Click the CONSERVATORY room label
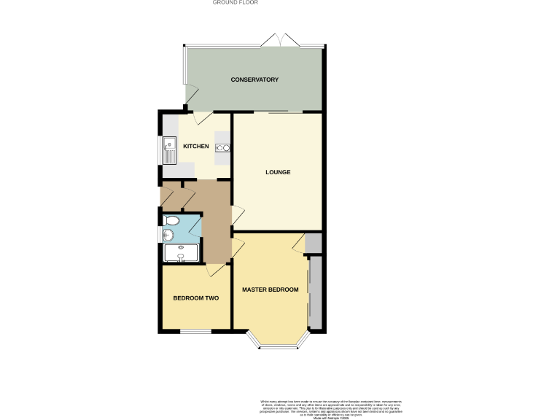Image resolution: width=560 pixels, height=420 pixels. click(254, 79)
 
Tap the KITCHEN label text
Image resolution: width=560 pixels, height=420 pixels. click(195, 147)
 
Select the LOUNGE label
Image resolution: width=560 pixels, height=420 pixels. click(277, 173)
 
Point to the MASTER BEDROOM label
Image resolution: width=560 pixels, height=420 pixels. click(271, 289)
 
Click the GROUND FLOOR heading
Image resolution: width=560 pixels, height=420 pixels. click(235, 3)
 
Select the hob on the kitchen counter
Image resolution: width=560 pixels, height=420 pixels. click(223, 148)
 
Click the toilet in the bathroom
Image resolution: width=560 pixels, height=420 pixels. click(172, 219)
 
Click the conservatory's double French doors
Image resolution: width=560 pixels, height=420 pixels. click(279, 40)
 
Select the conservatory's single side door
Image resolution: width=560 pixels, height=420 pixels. click(190, 94)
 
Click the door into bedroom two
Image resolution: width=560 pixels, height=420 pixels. click(216, 270)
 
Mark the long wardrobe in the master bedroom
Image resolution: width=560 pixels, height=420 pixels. click(315, 292)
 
